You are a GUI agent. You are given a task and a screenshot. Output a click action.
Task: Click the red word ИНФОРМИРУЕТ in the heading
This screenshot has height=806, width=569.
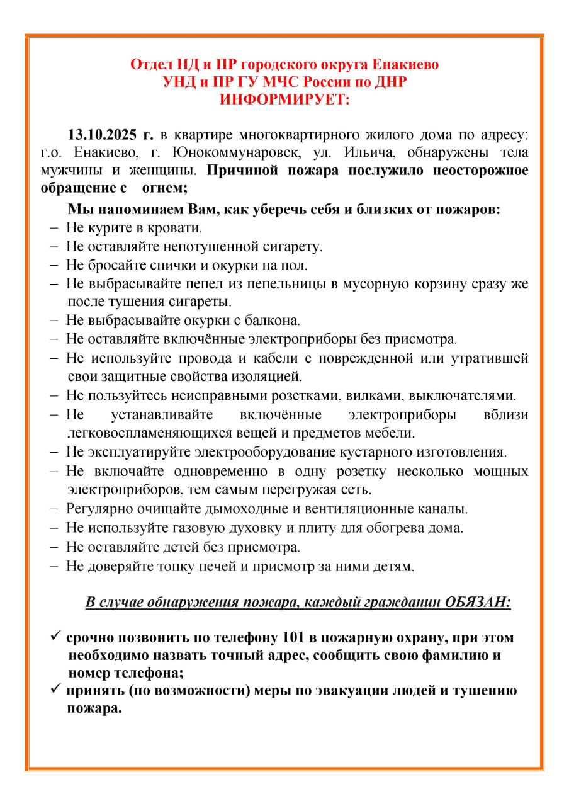click(284, 99)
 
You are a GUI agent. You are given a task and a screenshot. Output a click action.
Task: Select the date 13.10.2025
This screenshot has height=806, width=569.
click(104, 135)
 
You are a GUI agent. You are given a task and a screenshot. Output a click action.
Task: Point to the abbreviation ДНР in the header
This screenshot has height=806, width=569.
click(390, 82)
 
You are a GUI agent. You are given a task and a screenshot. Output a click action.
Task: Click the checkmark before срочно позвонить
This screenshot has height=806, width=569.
click(55, 637)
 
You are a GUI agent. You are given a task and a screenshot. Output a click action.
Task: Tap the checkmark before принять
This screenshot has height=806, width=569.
click(55, 690)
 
